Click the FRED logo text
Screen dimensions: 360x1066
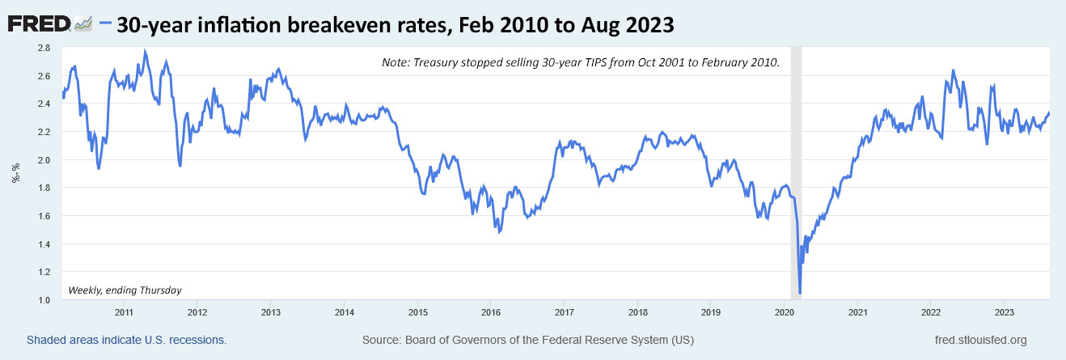[39, 24]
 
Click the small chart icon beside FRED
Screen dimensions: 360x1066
[83, 25]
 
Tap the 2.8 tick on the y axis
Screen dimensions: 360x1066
[44, 48]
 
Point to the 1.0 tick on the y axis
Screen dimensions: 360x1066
[44, 300]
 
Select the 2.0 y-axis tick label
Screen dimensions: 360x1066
[44, 159]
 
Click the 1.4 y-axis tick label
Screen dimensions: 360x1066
[44, 244]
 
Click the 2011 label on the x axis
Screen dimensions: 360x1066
[124, 311]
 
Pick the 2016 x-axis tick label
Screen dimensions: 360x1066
[490, 311]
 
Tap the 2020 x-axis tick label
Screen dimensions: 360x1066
[784, 311]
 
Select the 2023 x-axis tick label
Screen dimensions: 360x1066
[1004, 311]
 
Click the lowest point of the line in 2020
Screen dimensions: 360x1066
[799, 293]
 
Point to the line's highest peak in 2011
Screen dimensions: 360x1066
[145, 51]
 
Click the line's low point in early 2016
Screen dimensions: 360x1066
[500, 233]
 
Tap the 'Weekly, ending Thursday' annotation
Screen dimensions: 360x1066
[125, 290]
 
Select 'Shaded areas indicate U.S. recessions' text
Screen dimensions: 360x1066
[126, 340]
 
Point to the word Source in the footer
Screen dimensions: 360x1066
[383, 340]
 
